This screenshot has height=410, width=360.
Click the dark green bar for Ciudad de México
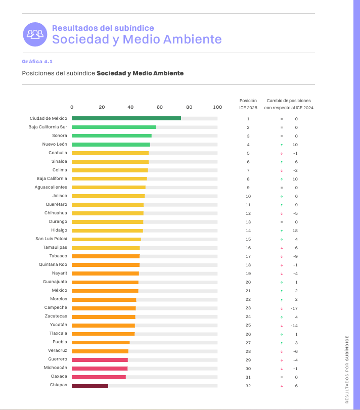click(x=126, y=118)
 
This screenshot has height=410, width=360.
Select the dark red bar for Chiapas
click(x=90, y=386)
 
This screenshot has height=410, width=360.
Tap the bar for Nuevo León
click(x=111, y=145)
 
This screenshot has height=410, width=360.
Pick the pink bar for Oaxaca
click(x=99, y=377)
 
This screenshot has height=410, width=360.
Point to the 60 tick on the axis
click(x=160, y=107)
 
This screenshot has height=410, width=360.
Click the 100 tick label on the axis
click(x=218, y=107)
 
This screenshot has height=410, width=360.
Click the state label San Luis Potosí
click(x=51, y=239)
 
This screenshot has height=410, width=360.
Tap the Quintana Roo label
click(x=53, y=264)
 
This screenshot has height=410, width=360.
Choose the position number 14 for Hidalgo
click(x=248, y=231)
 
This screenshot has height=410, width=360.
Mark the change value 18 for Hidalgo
click(x=295, y=231)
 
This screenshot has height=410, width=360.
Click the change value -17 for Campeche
click(x=294, y=308)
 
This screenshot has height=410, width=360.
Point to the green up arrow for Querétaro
click(x=282, y=205)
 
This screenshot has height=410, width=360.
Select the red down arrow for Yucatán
click(x=282, y=325)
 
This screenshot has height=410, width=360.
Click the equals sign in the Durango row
click(x=282, y=222)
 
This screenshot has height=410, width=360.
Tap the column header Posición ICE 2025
click(x=248, y=104)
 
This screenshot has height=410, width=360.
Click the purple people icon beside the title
click(x=35, y=34)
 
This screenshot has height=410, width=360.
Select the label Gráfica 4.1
click(x=37, y=61)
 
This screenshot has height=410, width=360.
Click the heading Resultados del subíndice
click(x=103, y=28)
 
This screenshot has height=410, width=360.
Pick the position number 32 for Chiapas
click(x=248, y=386)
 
